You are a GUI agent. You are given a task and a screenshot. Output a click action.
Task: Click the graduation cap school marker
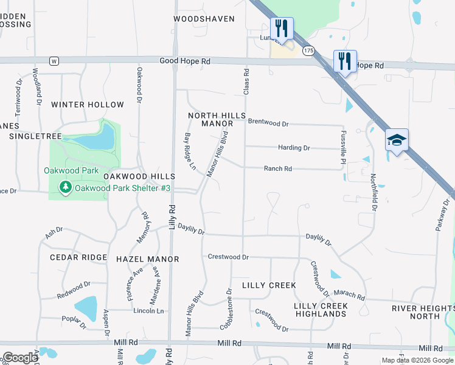pyautogui.click(x=397, y=141)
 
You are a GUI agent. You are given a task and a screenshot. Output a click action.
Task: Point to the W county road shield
pyautogui.click(x=54, y=61)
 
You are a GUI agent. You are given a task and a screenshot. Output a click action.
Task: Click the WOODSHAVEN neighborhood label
pyautogui.click(x=204, y=19)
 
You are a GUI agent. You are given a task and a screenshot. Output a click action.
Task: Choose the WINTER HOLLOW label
pyautogui.click(x=88, y=105)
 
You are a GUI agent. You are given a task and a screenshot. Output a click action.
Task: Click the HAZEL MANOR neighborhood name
pyautogui.click(x=148, y=259)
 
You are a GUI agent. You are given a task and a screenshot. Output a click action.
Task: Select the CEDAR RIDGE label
pyautogui.click(x=78, y=257)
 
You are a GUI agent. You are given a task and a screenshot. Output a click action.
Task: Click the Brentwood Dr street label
pyautogui.click(x=268, y=123)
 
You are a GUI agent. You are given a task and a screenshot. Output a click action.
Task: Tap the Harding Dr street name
pyautogui.click(x=294, y=148)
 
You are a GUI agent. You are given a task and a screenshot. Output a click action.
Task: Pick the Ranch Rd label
pyautogui.click(x=277, y=169)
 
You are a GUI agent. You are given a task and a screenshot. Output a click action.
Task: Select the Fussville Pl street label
pyautogui.click(x=344, y=147)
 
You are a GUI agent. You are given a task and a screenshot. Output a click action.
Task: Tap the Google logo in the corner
pyautogui.click(x=20, y=358)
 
